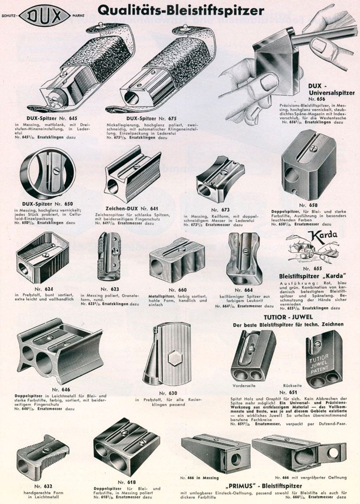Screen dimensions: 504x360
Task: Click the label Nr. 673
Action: pos(220,210)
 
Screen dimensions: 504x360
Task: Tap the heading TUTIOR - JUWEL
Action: pos(288,317)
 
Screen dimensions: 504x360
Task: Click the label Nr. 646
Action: pos(61,389)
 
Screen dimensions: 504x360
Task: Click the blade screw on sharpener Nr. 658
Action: pos(310,148)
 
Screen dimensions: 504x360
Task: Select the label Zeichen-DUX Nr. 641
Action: pos(132,208)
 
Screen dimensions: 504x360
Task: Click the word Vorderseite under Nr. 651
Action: pos(244,386)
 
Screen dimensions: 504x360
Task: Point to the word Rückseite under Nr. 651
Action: pos(292,386)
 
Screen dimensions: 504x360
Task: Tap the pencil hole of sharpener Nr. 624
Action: pos(24,270)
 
